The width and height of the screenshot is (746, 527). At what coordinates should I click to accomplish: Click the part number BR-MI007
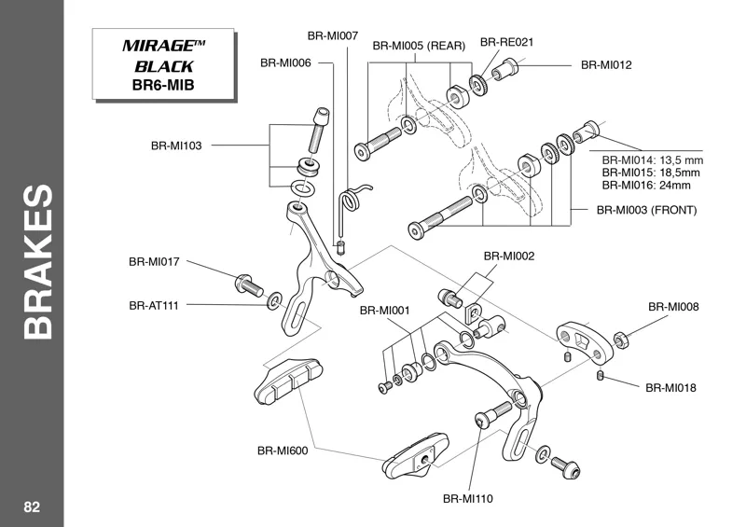point(333,35)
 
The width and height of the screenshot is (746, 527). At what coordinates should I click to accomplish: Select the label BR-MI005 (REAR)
point(419,45)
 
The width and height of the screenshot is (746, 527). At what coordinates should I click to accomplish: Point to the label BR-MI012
point(606,65)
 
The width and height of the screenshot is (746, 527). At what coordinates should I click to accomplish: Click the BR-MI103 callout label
point(176,146)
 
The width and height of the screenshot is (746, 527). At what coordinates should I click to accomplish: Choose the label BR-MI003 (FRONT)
point(646,210)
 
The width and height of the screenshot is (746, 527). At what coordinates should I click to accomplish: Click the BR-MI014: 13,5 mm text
point(652,160)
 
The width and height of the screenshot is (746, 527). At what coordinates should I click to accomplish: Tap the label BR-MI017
point(154,262)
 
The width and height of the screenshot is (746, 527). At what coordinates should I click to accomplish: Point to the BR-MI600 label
point(283,450)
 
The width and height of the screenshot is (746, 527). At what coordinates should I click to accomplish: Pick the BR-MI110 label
point(467,498)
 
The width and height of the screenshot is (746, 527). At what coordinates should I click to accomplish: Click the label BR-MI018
point(670,386)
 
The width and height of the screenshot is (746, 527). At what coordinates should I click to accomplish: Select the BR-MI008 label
point(673,306)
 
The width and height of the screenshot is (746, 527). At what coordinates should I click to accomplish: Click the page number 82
point(32,506)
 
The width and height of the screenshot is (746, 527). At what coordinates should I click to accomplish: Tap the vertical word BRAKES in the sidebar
point(35,263)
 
